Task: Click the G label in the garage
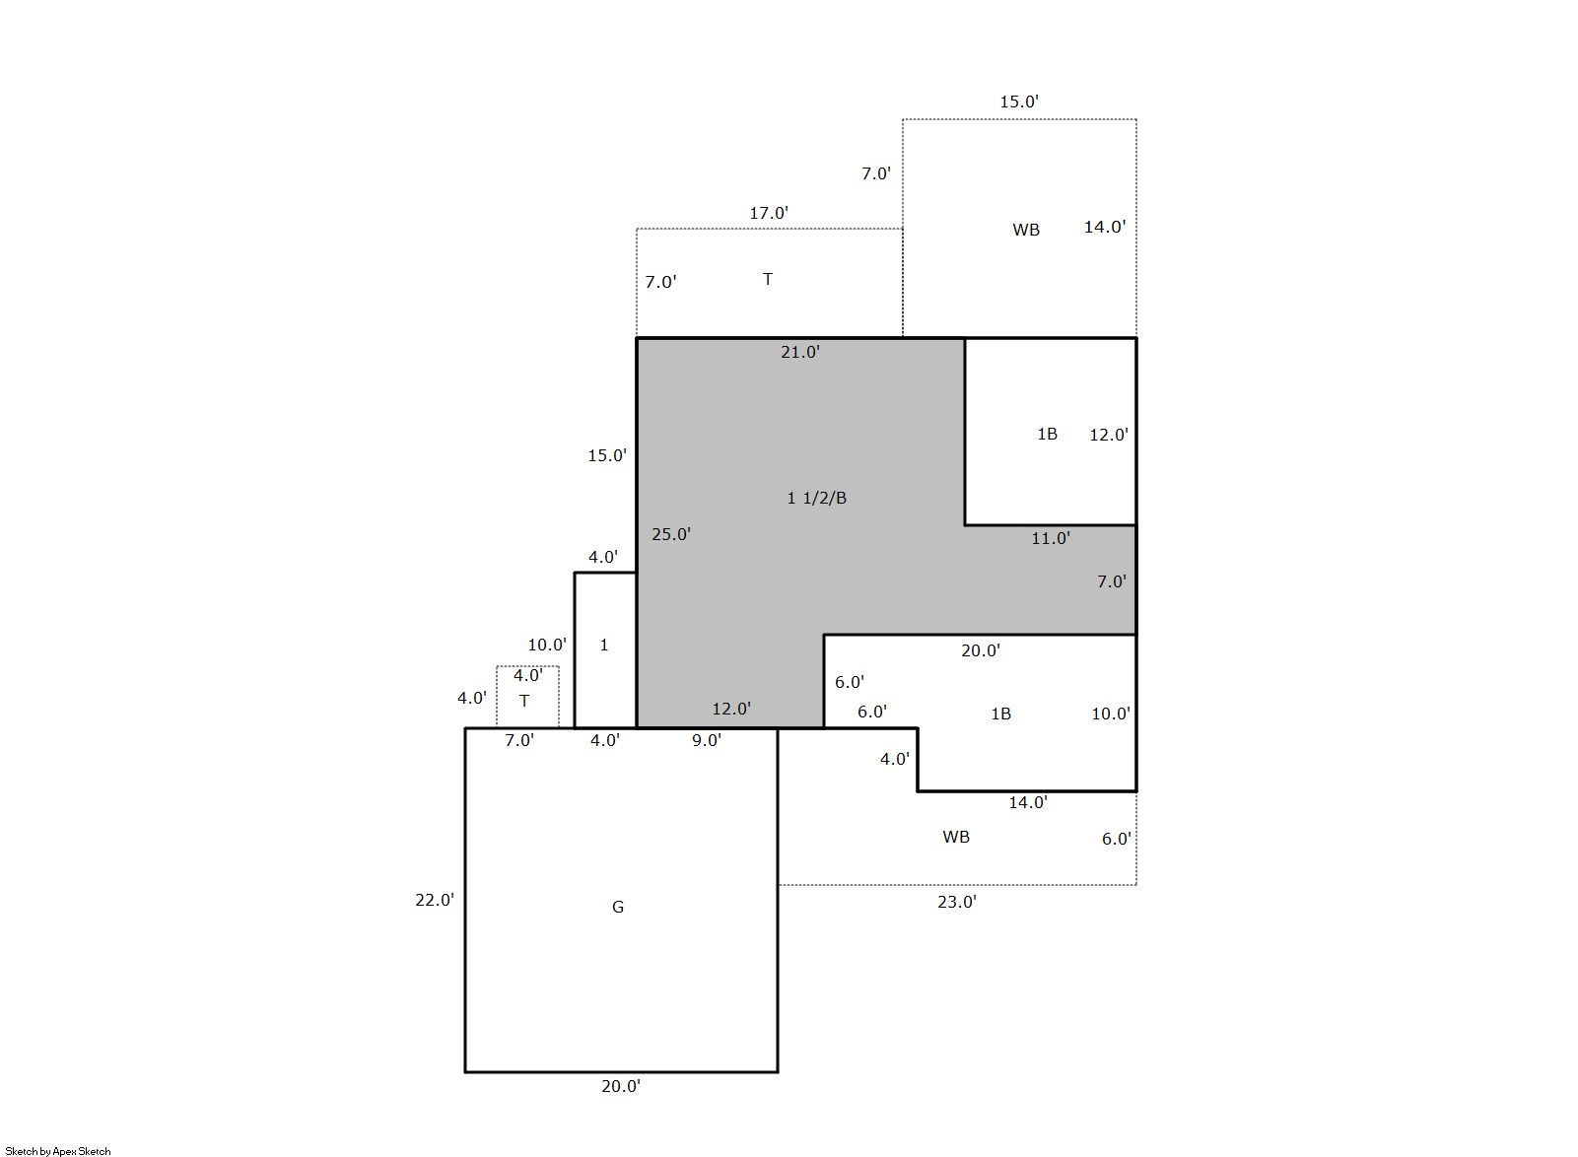click(x=618, y=907)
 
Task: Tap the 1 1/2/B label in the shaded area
click(x=816, y=498)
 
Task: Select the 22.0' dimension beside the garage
click(x=435, y=899)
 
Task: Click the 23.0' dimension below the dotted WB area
click(x=957, y=902)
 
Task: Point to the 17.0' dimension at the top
click(x=769, y=213)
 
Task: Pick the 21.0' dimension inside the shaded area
click(x=800, y=352)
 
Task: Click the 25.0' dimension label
click(x=670, y=534)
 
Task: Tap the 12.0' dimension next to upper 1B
click(x=1109, y=435)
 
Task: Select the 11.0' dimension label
click(x=1051, y=538)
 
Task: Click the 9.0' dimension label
click(x=707, y=739)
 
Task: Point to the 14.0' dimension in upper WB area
click(x=1105, y=226)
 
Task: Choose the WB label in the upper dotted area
click(x=1026, y=230)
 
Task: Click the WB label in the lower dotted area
click(x=956, y=837)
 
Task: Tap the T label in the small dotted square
click(x=524, y=701)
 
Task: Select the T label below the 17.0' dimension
click(x=768, y=279)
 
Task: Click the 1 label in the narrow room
click(x=604, y=645)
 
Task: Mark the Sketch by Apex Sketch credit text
click(x=58, y=1151)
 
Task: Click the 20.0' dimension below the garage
click(x=621, y=1086)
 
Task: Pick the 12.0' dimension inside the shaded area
click(x=731, y=709)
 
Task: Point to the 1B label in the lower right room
click(x=1000, y=714)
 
